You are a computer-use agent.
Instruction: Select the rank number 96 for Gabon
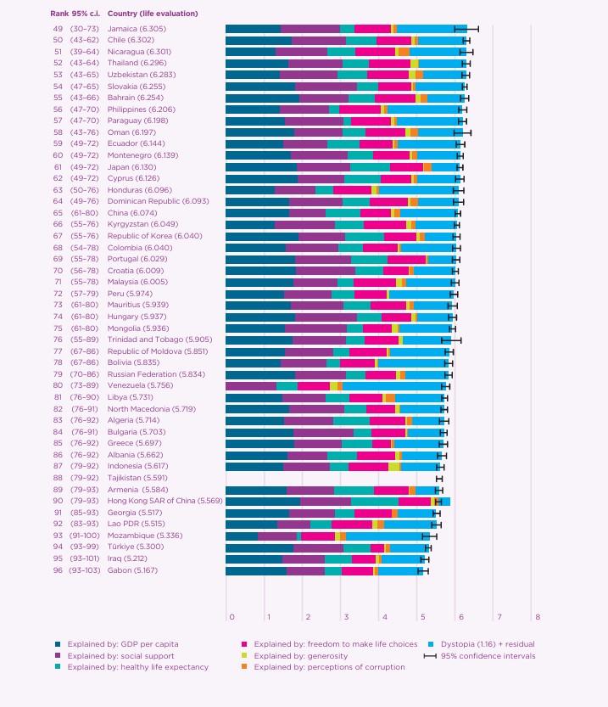coord(58,571)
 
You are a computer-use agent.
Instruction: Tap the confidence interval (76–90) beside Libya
coord(82,396)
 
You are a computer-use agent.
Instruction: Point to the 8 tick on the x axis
coord(537,615)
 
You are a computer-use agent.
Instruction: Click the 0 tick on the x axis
coord(231,615)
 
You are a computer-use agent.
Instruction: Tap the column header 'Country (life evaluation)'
coord(153,14)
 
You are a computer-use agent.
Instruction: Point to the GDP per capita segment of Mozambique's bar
coord(242,536)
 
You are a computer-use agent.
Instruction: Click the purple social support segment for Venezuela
coord(251,385)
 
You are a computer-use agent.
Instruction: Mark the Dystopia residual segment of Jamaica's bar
coord(432,29)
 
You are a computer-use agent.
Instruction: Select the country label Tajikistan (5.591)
coord(139,479)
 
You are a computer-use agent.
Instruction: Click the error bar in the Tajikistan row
coord(439,479)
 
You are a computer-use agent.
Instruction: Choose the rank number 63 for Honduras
coord(58,189)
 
